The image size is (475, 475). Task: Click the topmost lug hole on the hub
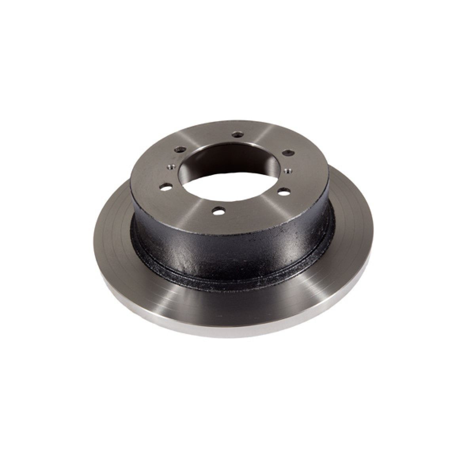point(237,135)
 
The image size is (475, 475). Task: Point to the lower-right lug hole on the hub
point(282,192)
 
